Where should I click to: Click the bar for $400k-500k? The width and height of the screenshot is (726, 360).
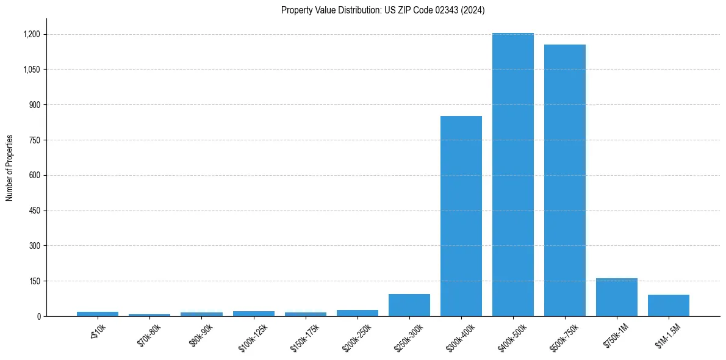pos(513,175)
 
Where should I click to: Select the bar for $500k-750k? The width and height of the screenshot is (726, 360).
pos(565,180)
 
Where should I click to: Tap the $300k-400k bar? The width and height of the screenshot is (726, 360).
pos(461,216)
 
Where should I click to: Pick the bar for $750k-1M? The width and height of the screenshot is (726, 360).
pos(617,297)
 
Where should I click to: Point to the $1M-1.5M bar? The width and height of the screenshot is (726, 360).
pos(669,305)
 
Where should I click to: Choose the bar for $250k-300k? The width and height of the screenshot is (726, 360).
pos(409,305)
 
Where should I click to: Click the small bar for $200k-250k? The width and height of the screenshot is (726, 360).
pos(358,313)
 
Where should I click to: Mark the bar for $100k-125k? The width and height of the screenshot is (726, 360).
pos(254,314)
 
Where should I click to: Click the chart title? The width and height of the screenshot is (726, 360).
pos(383,10)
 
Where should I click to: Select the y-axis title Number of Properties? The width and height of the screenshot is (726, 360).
pos(10,168)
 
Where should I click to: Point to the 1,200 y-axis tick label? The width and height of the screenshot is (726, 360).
pos(32,34)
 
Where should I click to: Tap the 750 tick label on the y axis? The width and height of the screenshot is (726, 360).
pos(35,140)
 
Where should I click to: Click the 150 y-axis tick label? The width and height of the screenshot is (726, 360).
pos(35,281)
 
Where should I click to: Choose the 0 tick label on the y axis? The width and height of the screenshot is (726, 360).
pos(38,317)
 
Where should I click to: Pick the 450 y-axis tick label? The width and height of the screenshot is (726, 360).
pos(35,211)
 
